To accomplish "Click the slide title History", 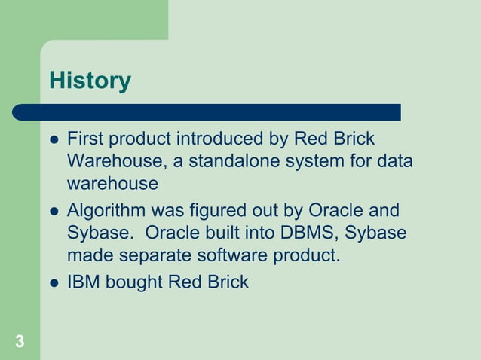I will tap(90, 81).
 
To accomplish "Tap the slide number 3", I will tap(19, 342).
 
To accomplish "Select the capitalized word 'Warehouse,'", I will tap(112, 162).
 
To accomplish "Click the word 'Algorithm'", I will tap(106, 211).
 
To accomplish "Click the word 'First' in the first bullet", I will tap(84, 139).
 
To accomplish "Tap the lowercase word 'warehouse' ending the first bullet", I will tap(112, 184).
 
